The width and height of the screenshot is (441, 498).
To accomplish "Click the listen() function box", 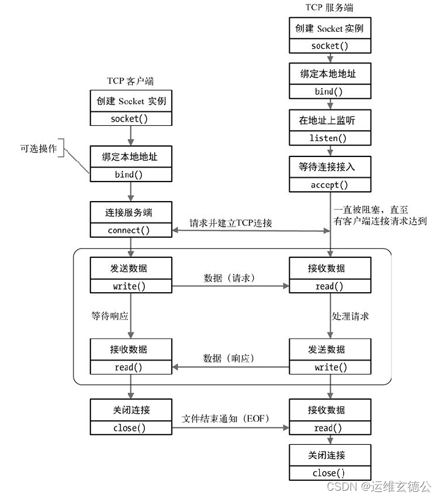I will pos(330,138).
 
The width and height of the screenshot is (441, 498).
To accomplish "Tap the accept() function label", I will pos(330,185).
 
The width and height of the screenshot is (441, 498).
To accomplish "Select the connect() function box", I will pos(129,230).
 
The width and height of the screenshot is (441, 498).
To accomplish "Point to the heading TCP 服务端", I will pos(330,7).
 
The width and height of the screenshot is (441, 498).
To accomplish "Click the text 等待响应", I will pos(109,317).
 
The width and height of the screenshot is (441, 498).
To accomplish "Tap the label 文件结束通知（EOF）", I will pos(230,419).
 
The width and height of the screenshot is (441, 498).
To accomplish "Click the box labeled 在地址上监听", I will pos(330,120).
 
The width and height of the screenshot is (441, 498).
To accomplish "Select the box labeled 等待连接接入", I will pos(330,167).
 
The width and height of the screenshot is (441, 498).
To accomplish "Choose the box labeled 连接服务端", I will pos(129,212).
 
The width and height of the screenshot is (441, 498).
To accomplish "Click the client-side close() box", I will pos(129,428).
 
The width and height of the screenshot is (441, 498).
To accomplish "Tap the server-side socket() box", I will pos(330,46).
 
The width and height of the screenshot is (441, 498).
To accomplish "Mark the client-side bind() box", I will pos(129,175).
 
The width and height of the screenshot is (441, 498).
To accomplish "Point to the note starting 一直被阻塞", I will pos(379,214).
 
